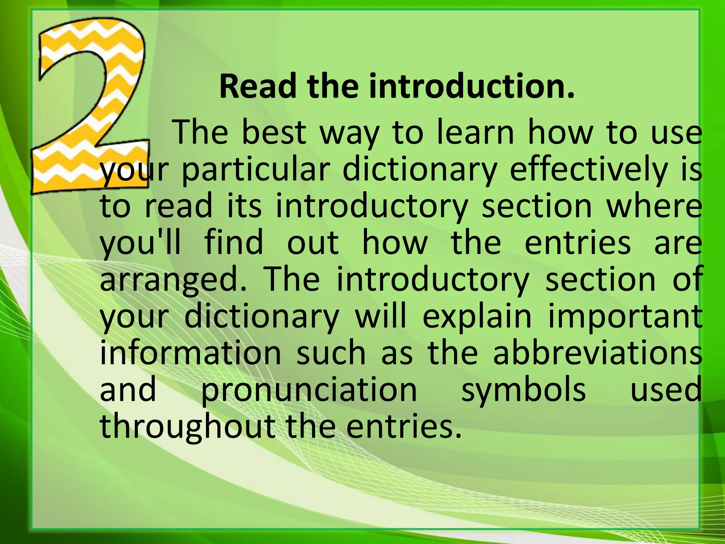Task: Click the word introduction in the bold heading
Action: pyautogui.click(x=471, y=87)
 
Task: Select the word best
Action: pyautogui.click(x=274, y=133)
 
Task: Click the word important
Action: pyautogui.click(x=625, y=317)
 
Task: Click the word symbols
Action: pyautogui.click(x=524, y=391)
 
